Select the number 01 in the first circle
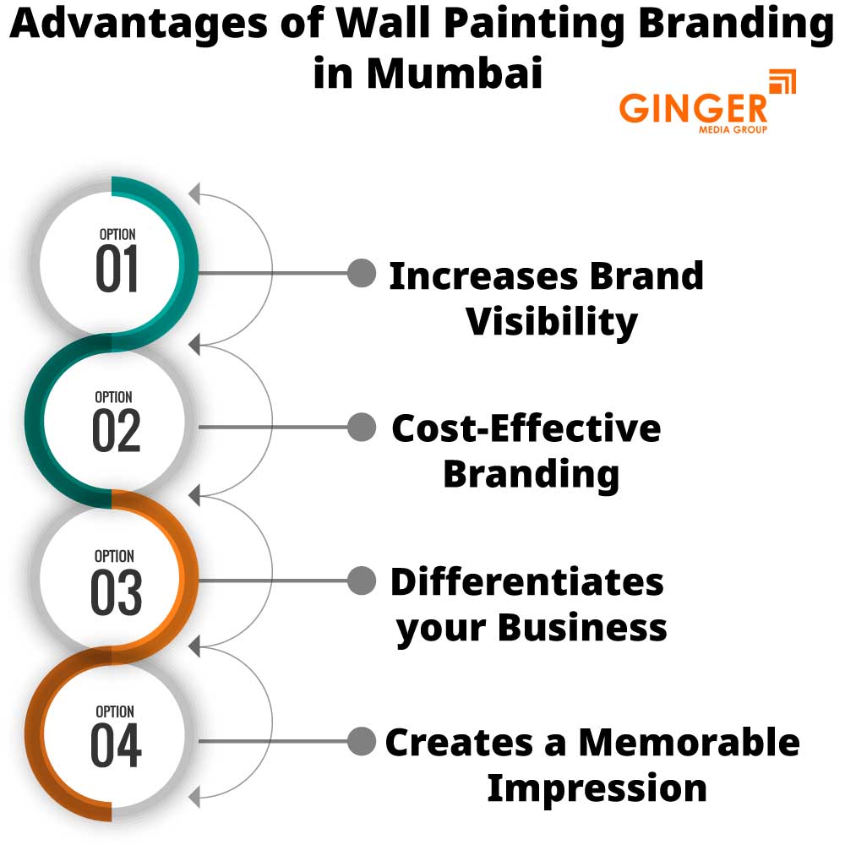[117, 270]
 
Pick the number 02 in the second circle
[116, 430]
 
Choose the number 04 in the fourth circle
[116, 746]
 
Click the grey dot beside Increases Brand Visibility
[362, 272]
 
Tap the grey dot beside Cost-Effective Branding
[362, 427]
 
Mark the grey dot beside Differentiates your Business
[362, 581]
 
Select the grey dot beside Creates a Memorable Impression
[362, 741]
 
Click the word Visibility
[552, 322]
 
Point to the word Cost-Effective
[526, 428]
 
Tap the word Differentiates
[526, 581]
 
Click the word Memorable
[689, 742]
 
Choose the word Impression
[597, 788]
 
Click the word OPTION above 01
[117, 234]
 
